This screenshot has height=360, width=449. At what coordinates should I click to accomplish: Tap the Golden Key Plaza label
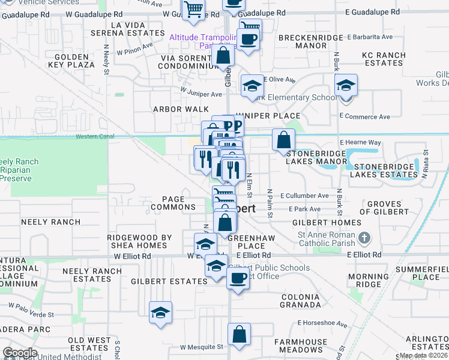click(x=72, y=61)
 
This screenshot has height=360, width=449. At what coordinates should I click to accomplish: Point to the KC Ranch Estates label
click(x=384, y=59)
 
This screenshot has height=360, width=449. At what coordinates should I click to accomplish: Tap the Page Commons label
click(x=173, y=203)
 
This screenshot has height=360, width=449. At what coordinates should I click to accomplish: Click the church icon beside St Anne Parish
click(x=363, y=239)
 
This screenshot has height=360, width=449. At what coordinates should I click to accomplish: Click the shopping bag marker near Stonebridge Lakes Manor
click(x=283, y=140)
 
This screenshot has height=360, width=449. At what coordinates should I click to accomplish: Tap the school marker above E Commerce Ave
click(x=346, y=85)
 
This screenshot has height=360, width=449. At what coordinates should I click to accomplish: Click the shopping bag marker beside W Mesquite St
click(x=239, y=335)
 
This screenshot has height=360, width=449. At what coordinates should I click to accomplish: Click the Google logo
click(x=20, y=353)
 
